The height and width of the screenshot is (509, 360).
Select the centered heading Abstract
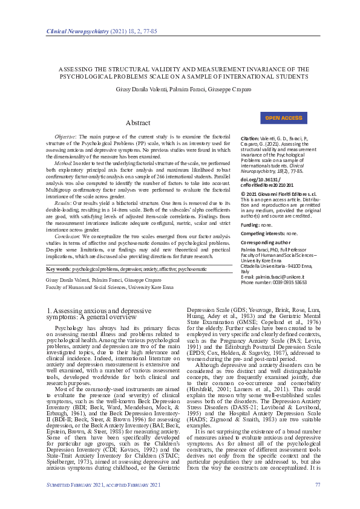click(138, 123)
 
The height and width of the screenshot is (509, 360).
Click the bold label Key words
click(59, 268)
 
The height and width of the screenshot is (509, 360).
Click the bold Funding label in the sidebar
click(252, 224)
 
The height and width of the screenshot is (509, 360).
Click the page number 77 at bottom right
click(318, 484)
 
